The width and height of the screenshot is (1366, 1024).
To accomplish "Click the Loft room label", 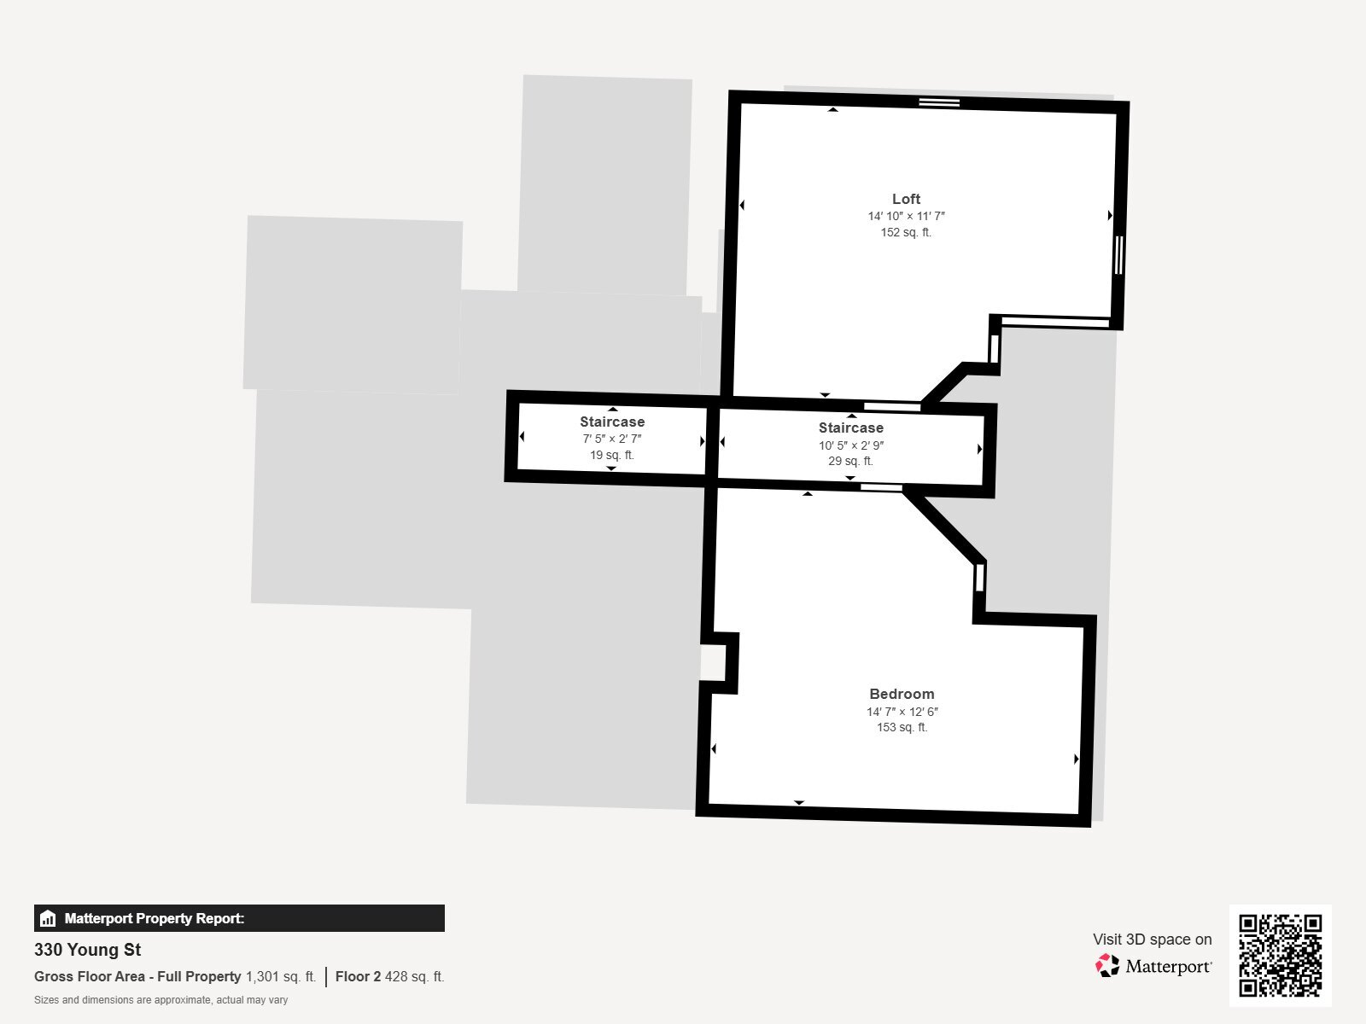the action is tap(906, 199).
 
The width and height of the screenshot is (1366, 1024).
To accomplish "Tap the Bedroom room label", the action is tap(902, 694).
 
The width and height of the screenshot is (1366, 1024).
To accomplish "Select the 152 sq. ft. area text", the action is tap(906, 232).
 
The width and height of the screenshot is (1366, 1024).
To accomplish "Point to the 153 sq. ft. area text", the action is tap(902, 727).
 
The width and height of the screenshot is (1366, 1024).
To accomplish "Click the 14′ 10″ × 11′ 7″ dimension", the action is tap(906, 217).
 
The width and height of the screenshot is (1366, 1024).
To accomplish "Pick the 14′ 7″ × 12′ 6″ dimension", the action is tap(902, 712).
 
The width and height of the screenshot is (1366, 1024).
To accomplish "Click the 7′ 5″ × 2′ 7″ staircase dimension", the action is tap(612, 439).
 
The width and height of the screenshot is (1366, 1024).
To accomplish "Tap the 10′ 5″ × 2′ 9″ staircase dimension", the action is tap(850, 445).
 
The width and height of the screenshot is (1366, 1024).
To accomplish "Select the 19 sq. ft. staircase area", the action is tap(612, 455).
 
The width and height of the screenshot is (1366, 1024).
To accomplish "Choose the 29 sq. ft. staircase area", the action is tap(850, 462).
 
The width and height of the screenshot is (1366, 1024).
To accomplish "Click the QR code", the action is tap(1280, 955).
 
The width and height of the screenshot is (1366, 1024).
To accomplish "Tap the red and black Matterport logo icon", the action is tap(1107, 966).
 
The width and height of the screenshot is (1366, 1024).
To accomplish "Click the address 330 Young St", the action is tap(88, 950).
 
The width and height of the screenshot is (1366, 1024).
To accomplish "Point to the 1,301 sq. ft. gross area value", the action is tap(281, 977).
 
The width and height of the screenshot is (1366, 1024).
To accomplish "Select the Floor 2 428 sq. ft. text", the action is tap(389, 977).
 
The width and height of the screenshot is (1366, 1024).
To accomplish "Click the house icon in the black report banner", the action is tap(48, 918).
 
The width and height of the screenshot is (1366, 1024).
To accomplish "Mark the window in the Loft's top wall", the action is tap(939, 102).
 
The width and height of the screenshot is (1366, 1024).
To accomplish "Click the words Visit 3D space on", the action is tap(1152, 940).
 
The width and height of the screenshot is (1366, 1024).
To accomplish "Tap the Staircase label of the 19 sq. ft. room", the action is tap(612, 422).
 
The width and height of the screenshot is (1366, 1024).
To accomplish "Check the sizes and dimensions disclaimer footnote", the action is tap(161, 1000).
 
